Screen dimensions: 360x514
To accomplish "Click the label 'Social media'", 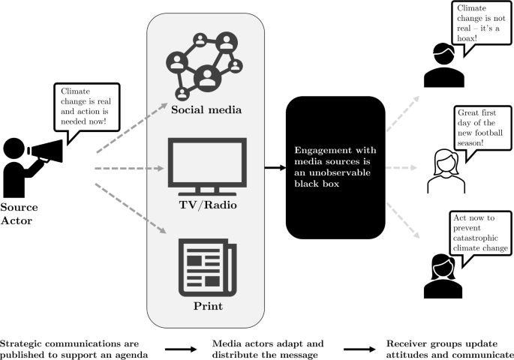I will [x=206, y=111].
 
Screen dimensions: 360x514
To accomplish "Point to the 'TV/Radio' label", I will [x=206, y=205].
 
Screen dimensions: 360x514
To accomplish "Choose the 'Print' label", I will [x=206, y=306].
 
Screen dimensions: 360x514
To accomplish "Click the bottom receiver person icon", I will [x=440, y=274].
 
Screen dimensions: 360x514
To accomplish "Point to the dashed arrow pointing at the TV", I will [x=131, y=166].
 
